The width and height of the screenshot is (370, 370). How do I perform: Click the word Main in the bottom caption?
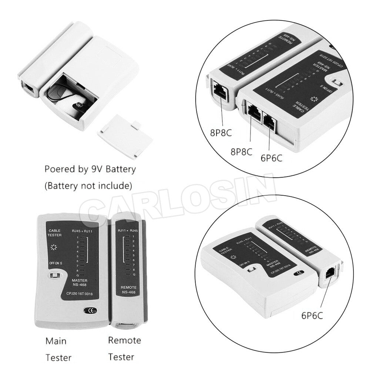point(56,340)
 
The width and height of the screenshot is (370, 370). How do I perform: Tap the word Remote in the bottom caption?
point(124,340)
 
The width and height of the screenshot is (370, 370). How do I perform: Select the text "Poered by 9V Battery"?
point(90,169)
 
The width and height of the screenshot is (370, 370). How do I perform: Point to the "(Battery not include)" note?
point(88,186)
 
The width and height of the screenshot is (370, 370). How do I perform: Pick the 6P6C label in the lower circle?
point(312,315)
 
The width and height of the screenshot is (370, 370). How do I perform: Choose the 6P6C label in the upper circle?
point(271,158)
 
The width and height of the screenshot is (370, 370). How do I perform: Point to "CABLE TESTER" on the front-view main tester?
point(55,233)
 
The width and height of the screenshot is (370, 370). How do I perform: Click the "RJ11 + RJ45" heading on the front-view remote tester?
point(128,231)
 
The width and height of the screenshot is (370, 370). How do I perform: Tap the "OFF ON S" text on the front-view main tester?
point(56,263)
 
